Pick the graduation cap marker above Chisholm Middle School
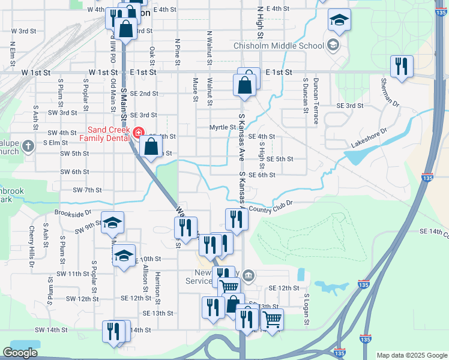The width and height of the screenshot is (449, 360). tap(339, 21)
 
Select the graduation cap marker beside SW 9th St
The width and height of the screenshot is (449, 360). tap(112, 223)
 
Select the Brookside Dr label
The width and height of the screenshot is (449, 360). tap(72, 212)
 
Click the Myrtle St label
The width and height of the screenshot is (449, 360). tap(221, 127)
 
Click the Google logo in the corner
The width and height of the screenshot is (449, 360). tap(20, 353)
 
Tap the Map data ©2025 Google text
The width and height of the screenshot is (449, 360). tap(411, 355)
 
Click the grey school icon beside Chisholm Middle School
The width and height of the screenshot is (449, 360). tap(333, 45)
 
